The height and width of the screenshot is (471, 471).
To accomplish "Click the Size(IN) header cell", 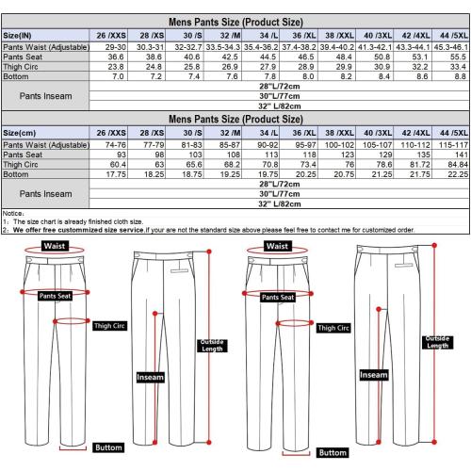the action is tap(17, 36).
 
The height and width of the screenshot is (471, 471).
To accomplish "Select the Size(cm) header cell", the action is tap(19, 133).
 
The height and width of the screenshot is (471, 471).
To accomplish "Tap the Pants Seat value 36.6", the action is tap(116, 57).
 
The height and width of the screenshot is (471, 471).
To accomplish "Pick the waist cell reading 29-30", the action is tap(116, 47).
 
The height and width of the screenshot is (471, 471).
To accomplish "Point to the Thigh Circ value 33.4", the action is tap(458, 67).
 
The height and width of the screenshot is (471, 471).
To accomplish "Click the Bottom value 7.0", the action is tap(118, 76).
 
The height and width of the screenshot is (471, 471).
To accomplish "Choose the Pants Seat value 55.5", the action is tap(458, 57).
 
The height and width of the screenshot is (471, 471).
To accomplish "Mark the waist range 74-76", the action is tap(116, 145).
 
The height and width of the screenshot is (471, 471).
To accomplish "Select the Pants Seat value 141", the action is tap(462, 154).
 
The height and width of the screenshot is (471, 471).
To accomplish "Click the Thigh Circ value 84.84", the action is tap(458, 164).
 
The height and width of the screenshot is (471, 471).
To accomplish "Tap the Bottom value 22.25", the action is tap(458, 174).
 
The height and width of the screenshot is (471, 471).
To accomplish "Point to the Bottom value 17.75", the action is tap(116, 174).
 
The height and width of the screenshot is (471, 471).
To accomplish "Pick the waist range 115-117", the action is tap(453, 145).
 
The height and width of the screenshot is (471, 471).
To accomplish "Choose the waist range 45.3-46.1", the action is tap(451, 47).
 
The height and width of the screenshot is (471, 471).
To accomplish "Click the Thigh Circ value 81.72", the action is tap(420, 164).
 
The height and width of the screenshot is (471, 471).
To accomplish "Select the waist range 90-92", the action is tap(268, 145).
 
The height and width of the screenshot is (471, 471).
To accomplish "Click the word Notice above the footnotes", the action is tap(11, 214).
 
